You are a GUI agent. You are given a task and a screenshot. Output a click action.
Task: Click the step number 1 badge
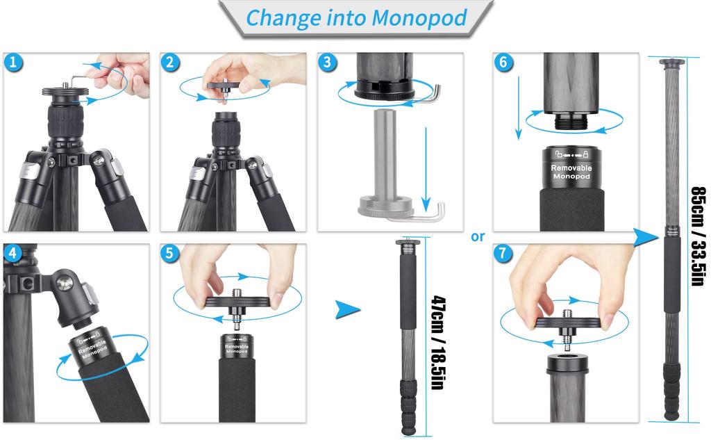15,63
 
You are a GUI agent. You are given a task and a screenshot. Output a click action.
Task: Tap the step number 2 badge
171,63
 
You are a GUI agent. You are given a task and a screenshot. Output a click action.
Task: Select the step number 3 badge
328,63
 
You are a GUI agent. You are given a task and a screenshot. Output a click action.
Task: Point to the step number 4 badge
12,254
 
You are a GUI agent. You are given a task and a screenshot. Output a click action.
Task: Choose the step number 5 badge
171,254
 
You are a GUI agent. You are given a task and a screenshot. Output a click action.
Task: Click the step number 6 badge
504,63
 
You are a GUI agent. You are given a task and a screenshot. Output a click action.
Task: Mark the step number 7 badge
504,254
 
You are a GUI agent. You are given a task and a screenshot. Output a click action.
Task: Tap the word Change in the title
281,17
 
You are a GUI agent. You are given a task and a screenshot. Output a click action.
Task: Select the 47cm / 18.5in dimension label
438,342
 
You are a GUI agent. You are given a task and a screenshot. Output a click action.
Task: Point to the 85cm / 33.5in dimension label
697,237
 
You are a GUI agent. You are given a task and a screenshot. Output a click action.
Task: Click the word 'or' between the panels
478,237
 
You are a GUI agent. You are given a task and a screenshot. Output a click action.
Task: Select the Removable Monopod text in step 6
571,172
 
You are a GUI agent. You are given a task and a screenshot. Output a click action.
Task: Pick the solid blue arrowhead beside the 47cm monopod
348,309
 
